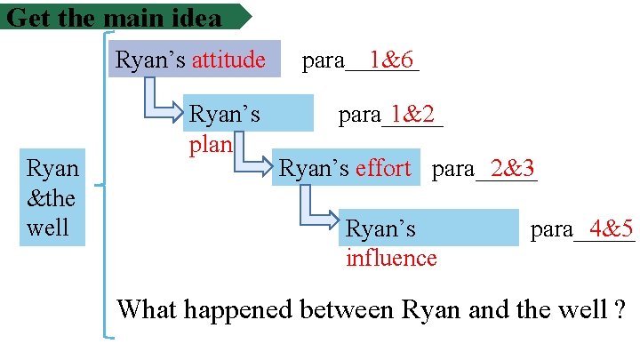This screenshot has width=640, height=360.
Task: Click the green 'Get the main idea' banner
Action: pyautogui.click(x=124, y=16)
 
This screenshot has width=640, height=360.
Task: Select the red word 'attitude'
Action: pyautogui.click(x=228, y=60)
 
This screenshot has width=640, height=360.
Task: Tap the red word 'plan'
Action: pyautogui.click(x=210, y=145)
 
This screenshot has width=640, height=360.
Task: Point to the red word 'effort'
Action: pyautogui.click(x=383, y=168)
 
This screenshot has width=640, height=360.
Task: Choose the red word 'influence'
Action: pyautogui.click(x=391, y=259)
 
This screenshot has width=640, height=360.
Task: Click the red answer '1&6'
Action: pyautogui.click(x=391, y=60)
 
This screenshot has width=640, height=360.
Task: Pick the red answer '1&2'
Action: pyautogui.click(x=412, y=114)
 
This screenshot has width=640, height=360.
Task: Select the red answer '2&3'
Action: pyautogui.click(x=512, y=167)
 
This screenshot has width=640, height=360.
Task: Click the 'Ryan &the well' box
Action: pyautogui.click(x=52, y=197)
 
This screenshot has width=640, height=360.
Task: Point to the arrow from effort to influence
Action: pyautogui.click(x=318, y=213)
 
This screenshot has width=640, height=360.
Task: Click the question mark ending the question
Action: pyautogui.click(x=618, y=310)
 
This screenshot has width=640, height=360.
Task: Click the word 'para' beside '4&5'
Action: pyautogui.click(x=551, y=229)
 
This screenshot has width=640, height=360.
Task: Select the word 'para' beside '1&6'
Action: pyautogui.click(x=324, y=60)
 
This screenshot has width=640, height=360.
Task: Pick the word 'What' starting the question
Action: pyautogui.click(x=145, y=310)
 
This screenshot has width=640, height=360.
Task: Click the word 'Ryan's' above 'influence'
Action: pyautogui.click(x=380, y=229)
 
